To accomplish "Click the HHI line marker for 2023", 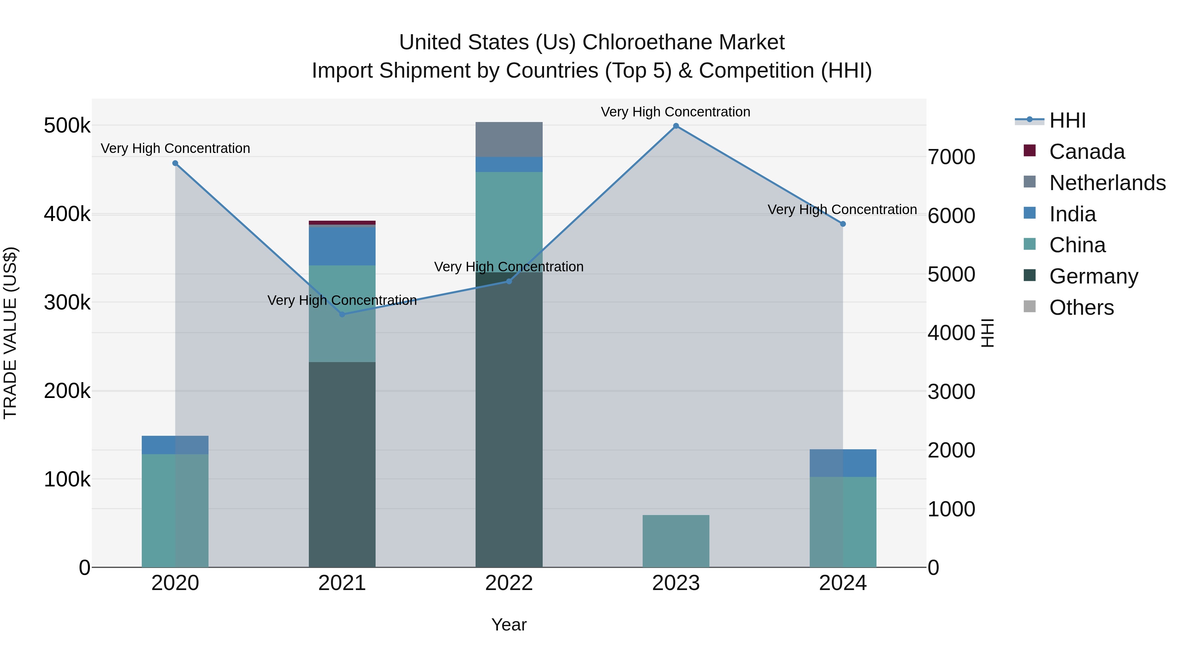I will point(676,126).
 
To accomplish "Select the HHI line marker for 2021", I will point(342,314).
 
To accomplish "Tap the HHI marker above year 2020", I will point(175,163).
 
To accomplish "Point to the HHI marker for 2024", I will point(843,224).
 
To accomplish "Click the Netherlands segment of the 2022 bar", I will point(509,139).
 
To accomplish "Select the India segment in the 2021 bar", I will point(342,246).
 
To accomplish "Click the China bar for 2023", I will point(676,541).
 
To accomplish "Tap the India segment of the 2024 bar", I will point(843,463).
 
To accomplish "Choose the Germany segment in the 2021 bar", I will point(342,464).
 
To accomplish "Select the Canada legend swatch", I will point(1029,151).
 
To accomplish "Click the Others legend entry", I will point(1081,308).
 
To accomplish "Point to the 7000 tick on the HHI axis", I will point(951,157).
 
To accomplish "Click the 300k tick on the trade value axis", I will point(67,303).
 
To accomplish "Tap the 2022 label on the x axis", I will point(509,583).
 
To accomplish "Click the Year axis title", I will point(509,625).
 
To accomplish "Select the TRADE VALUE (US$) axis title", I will point(10,333).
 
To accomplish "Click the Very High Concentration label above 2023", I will point(675,112).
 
